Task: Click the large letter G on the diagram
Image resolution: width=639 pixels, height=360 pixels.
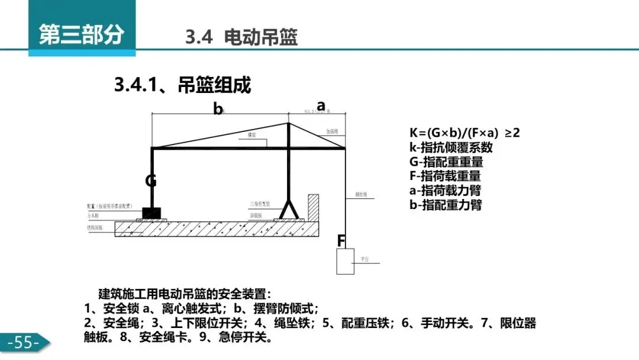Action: click(151, 181)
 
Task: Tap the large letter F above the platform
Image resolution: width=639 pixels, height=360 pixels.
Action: click(341, 241)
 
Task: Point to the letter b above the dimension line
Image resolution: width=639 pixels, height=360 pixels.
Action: click(218, 109)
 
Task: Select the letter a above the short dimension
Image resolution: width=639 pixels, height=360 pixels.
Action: click(321, 105)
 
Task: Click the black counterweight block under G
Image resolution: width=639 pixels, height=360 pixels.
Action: click(151, 212)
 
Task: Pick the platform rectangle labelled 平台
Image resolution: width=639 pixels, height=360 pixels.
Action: click(345, 261)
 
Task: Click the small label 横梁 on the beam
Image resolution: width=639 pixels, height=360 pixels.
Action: click(252, 136)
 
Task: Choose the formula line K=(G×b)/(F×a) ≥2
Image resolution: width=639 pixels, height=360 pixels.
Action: click(464, 133)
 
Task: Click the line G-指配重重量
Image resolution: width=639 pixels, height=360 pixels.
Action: click(446, 162)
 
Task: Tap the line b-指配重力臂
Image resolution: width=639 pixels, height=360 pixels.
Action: click(446, 205)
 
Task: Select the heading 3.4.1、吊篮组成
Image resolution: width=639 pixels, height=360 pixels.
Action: click(182, 85)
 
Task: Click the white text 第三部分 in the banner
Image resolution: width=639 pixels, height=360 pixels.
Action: click(81, 34)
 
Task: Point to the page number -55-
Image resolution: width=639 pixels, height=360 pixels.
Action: click(24, 342)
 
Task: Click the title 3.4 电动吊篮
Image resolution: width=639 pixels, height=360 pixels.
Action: click(241, 38)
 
